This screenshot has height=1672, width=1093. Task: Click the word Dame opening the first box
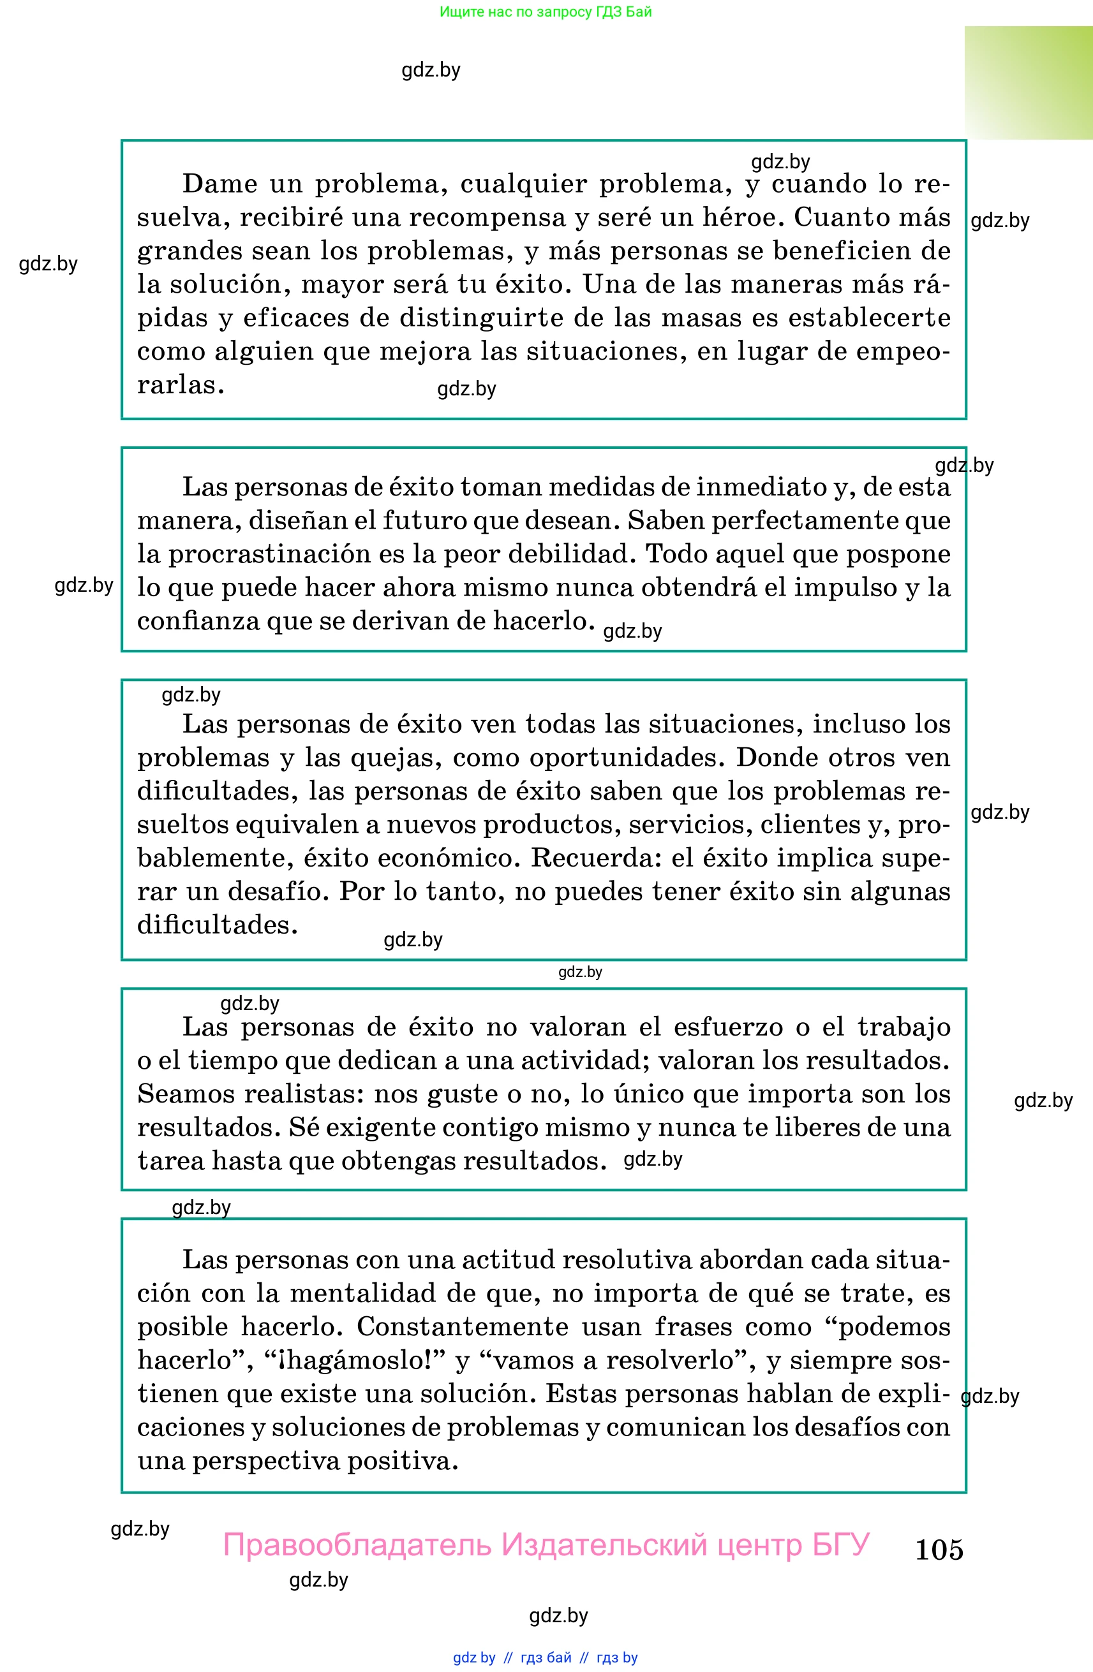220,184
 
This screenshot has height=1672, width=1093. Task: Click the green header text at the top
546,12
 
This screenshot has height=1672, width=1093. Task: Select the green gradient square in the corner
1028,83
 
